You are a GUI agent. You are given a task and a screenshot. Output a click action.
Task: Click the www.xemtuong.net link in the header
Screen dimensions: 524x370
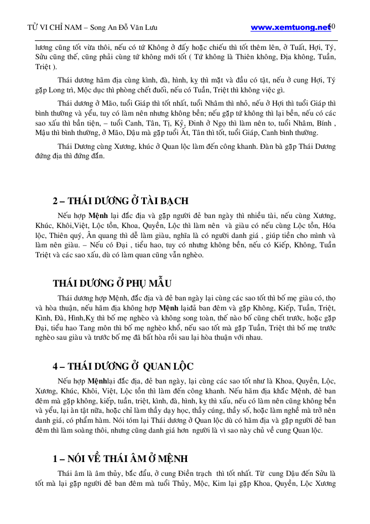click(290, 27)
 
